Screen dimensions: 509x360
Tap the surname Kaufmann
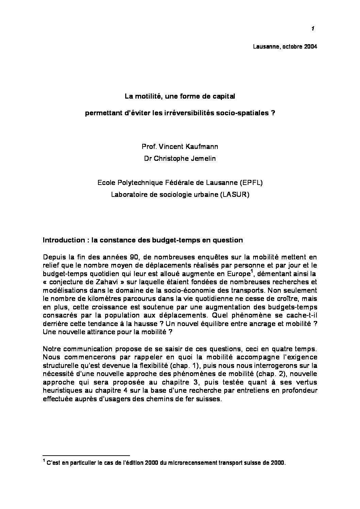coord(203,147)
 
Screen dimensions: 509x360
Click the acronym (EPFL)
coord(251,183)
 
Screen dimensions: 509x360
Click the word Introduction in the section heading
coord(63,240)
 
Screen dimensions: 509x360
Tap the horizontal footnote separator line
coord(86,455)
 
